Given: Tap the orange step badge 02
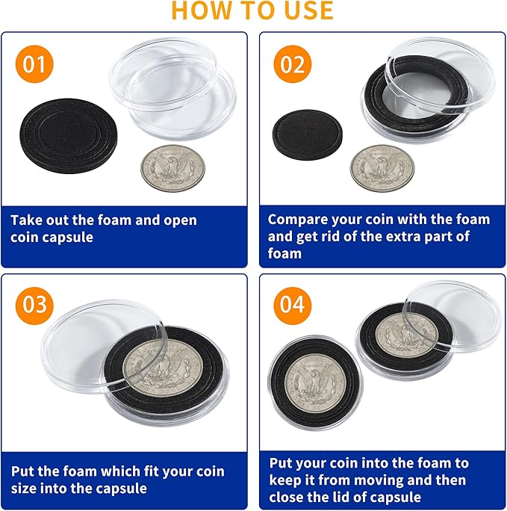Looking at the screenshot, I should (293, 64).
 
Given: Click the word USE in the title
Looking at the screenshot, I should (303, 10).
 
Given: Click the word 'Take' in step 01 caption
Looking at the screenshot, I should (28, 220).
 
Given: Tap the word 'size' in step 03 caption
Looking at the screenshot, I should (25, 489).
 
